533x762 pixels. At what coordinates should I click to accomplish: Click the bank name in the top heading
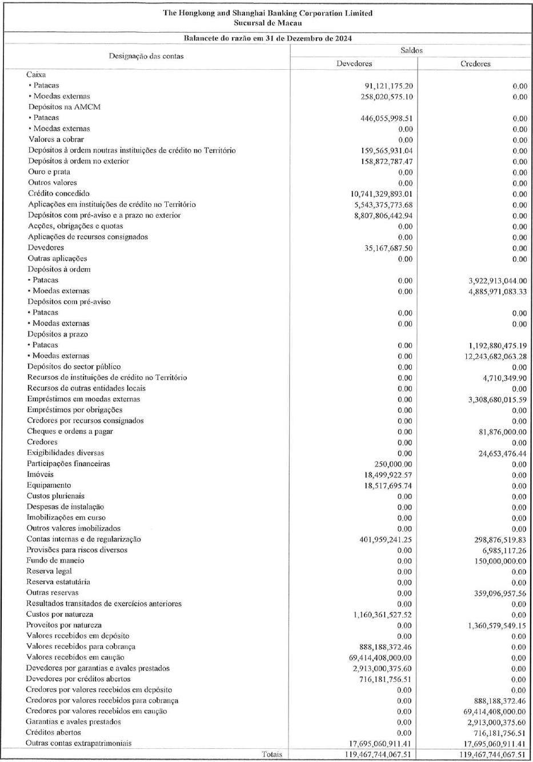[x=267, y=13]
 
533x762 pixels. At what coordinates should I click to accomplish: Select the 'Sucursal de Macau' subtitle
[x=267, y=23]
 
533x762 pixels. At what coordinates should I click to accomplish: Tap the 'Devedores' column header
[x=354, y=64]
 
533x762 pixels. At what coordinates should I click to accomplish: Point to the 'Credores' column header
[x=475, y=64]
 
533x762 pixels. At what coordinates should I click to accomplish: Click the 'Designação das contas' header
[x=146, y=56]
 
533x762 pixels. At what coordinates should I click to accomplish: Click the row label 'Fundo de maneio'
[x=55, y=561]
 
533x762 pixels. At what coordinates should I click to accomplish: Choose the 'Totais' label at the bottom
[x=272, y=755]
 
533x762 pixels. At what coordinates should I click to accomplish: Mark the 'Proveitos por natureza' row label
[x=64, y=625]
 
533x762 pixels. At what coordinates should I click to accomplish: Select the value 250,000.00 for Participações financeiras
[x=393, y=464]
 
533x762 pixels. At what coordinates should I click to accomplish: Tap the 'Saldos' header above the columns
[x=411, y=50]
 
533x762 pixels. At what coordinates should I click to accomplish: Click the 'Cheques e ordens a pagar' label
[x=70, y=432]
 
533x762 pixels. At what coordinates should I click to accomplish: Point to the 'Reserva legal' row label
[x=49, y=572]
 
